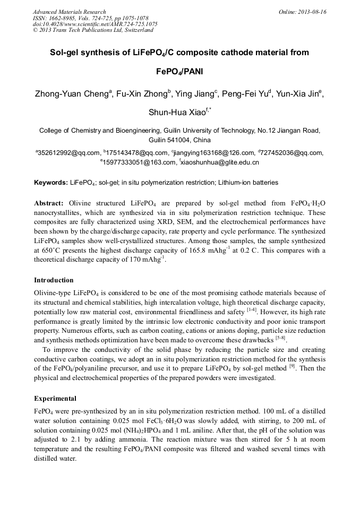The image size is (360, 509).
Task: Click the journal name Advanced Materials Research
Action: (69, 12)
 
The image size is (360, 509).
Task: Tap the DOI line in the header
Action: (95, 24)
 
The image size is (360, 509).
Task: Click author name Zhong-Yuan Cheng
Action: (72, 94)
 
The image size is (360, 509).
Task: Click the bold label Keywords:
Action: (51, 183)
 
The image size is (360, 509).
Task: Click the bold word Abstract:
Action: (49, 203)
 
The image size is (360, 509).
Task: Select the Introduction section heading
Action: (54, 280)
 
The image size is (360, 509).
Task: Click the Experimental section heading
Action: (55, 398)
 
